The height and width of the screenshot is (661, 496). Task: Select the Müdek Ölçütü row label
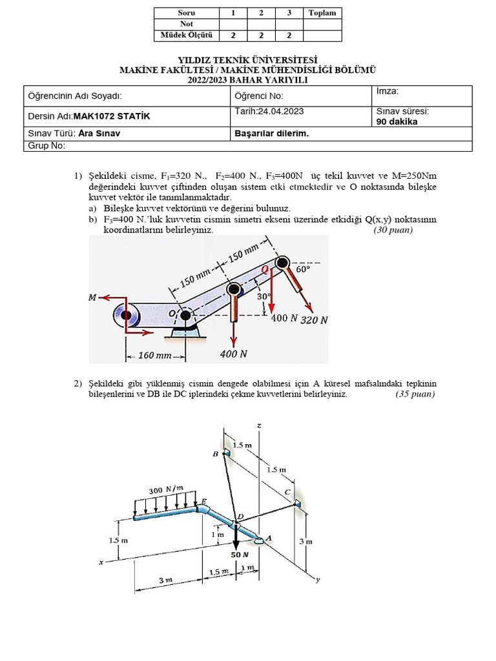point(187,36)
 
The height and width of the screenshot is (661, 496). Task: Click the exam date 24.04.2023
point(280,111)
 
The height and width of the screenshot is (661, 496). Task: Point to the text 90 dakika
point(397,121)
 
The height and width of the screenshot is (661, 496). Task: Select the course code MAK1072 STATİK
point(112,117)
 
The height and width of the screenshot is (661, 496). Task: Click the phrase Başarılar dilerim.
point(273,134)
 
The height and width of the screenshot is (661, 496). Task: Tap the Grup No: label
point(47,145)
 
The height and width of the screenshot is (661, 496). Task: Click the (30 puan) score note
point(393,230)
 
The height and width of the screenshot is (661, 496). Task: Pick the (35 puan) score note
point(415,394)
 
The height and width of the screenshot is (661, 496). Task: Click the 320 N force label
point(315,320)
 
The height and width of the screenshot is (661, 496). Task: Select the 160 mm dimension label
point(155,356)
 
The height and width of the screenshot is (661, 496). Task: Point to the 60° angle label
point(303,269)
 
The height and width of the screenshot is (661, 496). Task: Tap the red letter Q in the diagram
point(264,271)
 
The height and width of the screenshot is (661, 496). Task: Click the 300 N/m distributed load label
point(166,490)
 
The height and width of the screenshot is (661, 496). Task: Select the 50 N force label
point(240,554)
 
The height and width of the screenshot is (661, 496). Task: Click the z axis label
point(258,425)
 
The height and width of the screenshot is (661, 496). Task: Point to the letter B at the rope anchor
point(216,454)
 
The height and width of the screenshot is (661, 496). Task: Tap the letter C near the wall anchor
point(287,492)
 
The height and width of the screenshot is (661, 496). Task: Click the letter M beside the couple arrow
point(93,298)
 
